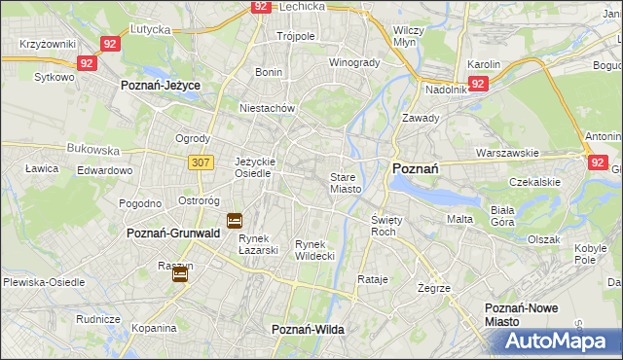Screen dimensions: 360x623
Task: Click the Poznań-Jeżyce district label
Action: tap(161, 86)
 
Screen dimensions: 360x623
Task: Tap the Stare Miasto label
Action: tap(346, 183)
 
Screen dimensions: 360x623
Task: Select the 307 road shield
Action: tap(201, 162)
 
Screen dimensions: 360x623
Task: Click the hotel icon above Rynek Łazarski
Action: tap(235, 221)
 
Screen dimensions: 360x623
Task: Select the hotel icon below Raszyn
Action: tap(180, 275)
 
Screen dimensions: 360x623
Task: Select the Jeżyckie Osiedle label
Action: tap(256, 167)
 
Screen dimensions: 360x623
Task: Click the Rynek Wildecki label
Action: tap(314, 249)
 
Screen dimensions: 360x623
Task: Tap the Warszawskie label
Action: tap(507, 153)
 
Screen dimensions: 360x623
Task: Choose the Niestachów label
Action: tap(267, 109)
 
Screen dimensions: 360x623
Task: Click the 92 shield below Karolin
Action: tap(478, 85)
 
